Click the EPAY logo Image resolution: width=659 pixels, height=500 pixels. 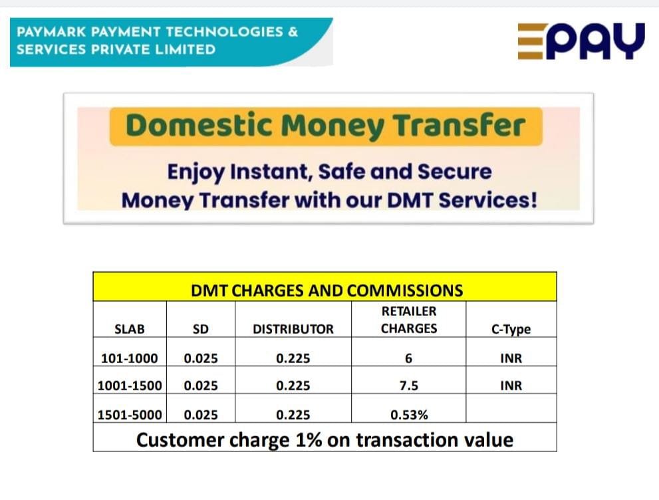click(x=581, y=42)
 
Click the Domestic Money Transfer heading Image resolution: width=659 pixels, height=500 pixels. click(x=325, y=126)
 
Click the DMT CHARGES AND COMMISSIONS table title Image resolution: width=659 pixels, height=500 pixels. click(x=327, y=291)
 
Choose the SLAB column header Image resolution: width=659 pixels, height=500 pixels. click(x=129, y=328)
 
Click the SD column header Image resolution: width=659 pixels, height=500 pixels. click(x=200, y=328)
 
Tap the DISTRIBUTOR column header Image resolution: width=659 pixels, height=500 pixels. click(x=293, y=328)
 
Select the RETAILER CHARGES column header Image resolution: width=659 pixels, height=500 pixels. click(x=408, y=320)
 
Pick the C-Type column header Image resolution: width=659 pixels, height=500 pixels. click(x=511, y=329)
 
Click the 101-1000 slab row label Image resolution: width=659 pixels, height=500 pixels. click(x=129, y=358)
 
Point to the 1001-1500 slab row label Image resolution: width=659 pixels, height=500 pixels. click(x=129, y=386)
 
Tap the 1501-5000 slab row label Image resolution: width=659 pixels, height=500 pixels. click(x=129, y=415)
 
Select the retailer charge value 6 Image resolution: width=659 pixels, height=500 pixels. click(x=408, y=358)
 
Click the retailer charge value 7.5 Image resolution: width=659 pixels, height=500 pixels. click(x=408, y=386)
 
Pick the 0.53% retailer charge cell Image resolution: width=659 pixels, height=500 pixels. click(x=408, y=415)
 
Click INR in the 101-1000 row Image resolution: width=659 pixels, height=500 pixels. click(x=511, y=358)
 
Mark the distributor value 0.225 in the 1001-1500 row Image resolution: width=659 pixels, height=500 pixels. click(x=293, y=386)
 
